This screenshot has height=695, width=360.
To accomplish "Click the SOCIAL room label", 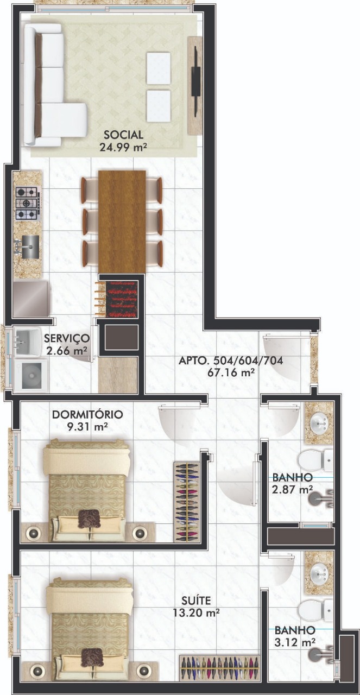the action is tap(123, 135).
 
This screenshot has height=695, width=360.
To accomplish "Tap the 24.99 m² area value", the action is tap(123, 147).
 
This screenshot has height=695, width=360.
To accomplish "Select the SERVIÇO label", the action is tap(67, 338).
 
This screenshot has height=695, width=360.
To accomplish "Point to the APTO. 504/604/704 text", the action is tap(231, 361).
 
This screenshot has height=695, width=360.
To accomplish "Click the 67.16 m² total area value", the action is tap(231, 372).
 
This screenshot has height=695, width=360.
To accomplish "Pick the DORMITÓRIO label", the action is tap(87, 414).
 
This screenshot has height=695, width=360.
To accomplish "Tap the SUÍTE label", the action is tap(196, 601).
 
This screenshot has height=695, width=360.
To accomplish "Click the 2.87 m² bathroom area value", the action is tap(292, 490).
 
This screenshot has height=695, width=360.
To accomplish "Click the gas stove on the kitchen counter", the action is tap(28, 203).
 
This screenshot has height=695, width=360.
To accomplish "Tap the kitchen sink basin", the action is tap(30, 247).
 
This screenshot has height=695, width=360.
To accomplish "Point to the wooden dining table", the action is tap(122, 222).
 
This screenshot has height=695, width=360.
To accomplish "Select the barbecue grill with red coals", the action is tap(122, 299).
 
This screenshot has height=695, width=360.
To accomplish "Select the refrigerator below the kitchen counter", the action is tap(31, 299).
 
